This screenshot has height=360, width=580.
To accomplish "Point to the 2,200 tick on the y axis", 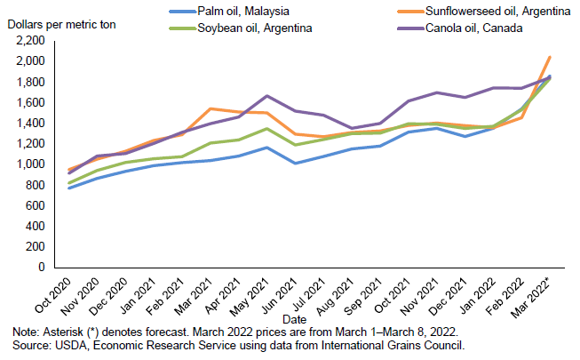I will coord(29,41).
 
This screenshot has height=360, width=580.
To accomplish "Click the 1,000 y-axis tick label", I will coord(29,164).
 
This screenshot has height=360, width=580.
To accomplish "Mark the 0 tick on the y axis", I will coord(41,268).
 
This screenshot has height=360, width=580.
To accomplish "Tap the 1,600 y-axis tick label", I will coord(29,102).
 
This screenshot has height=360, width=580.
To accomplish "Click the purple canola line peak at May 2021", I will coord(267,96).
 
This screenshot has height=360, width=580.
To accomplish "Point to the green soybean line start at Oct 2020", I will coord(69,183).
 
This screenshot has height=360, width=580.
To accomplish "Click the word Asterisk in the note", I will coord(52,331).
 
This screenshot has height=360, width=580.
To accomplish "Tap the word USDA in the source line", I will coord(63,345).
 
